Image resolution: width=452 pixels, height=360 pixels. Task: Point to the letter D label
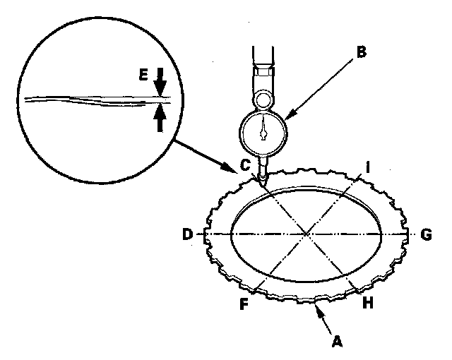187,234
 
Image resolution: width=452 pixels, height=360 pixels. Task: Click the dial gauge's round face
263,131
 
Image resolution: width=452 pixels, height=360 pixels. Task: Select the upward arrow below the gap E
160,116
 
